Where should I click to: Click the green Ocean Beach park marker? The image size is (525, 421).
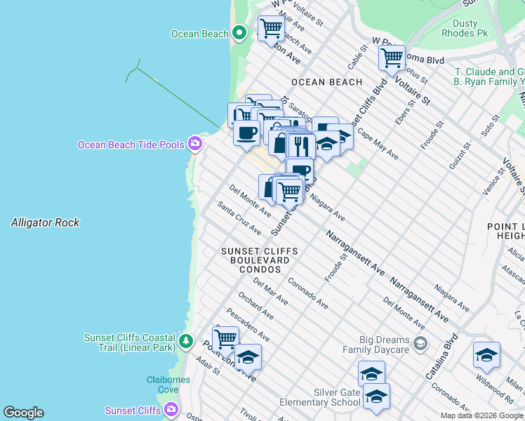pos(239,33)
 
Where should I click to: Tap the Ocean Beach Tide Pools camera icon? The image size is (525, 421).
pos(195,145)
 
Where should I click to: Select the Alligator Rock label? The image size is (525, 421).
pos(45,222)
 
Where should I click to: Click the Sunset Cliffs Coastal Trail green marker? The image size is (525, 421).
pos(185,342)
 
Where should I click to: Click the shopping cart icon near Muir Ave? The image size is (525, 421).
pos(271,29)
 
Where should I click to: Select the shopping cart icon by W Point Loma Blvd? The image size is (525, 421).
pos(392,58)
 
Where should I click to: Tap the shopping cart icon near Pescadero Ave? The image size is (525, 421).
pos(225,339)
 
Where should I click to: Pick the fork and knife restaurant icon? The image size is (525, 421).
pos(300,146)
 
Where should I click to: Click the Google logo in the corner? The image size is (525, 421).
pos(23,413)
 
